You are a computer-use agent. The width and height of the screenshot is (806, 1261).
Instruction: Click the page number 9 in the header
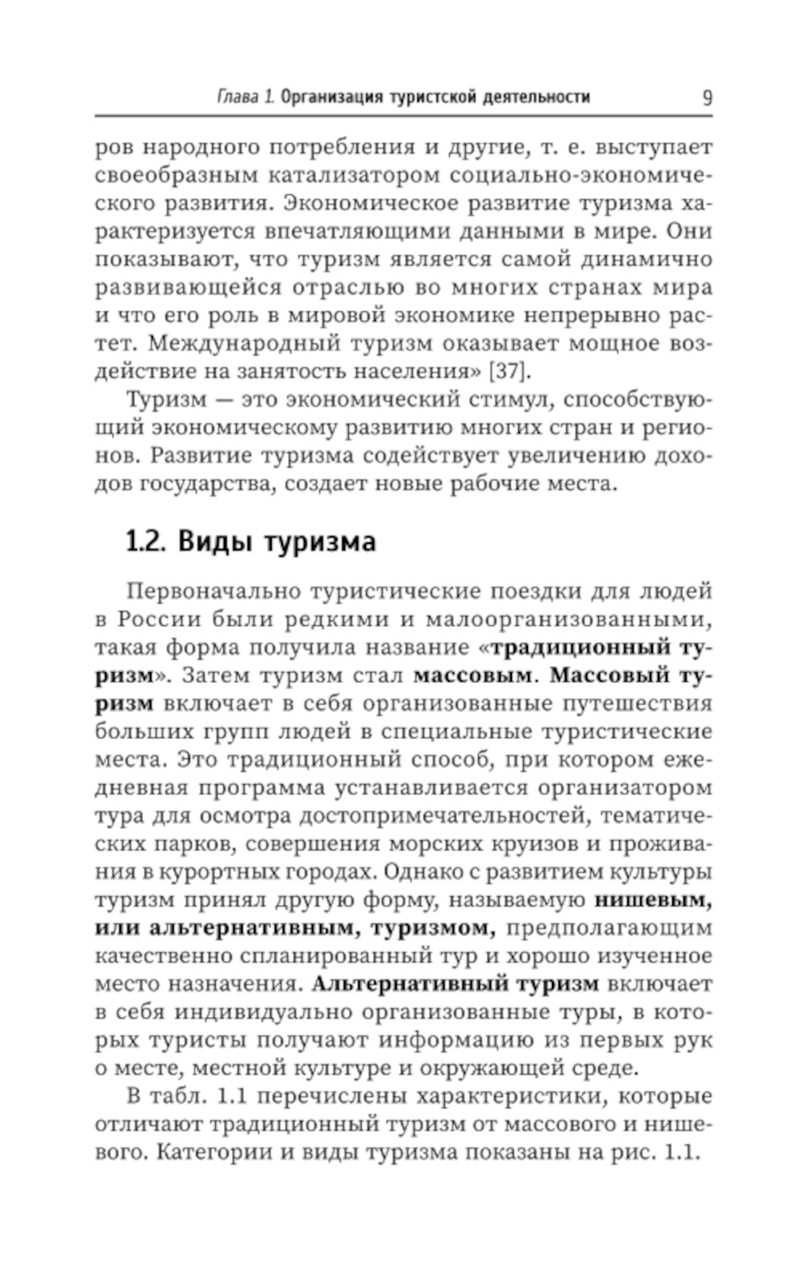pos(706,97)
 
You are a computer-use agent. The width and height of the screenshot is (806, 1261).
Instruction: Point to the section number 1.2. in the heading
pos(146,541)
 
